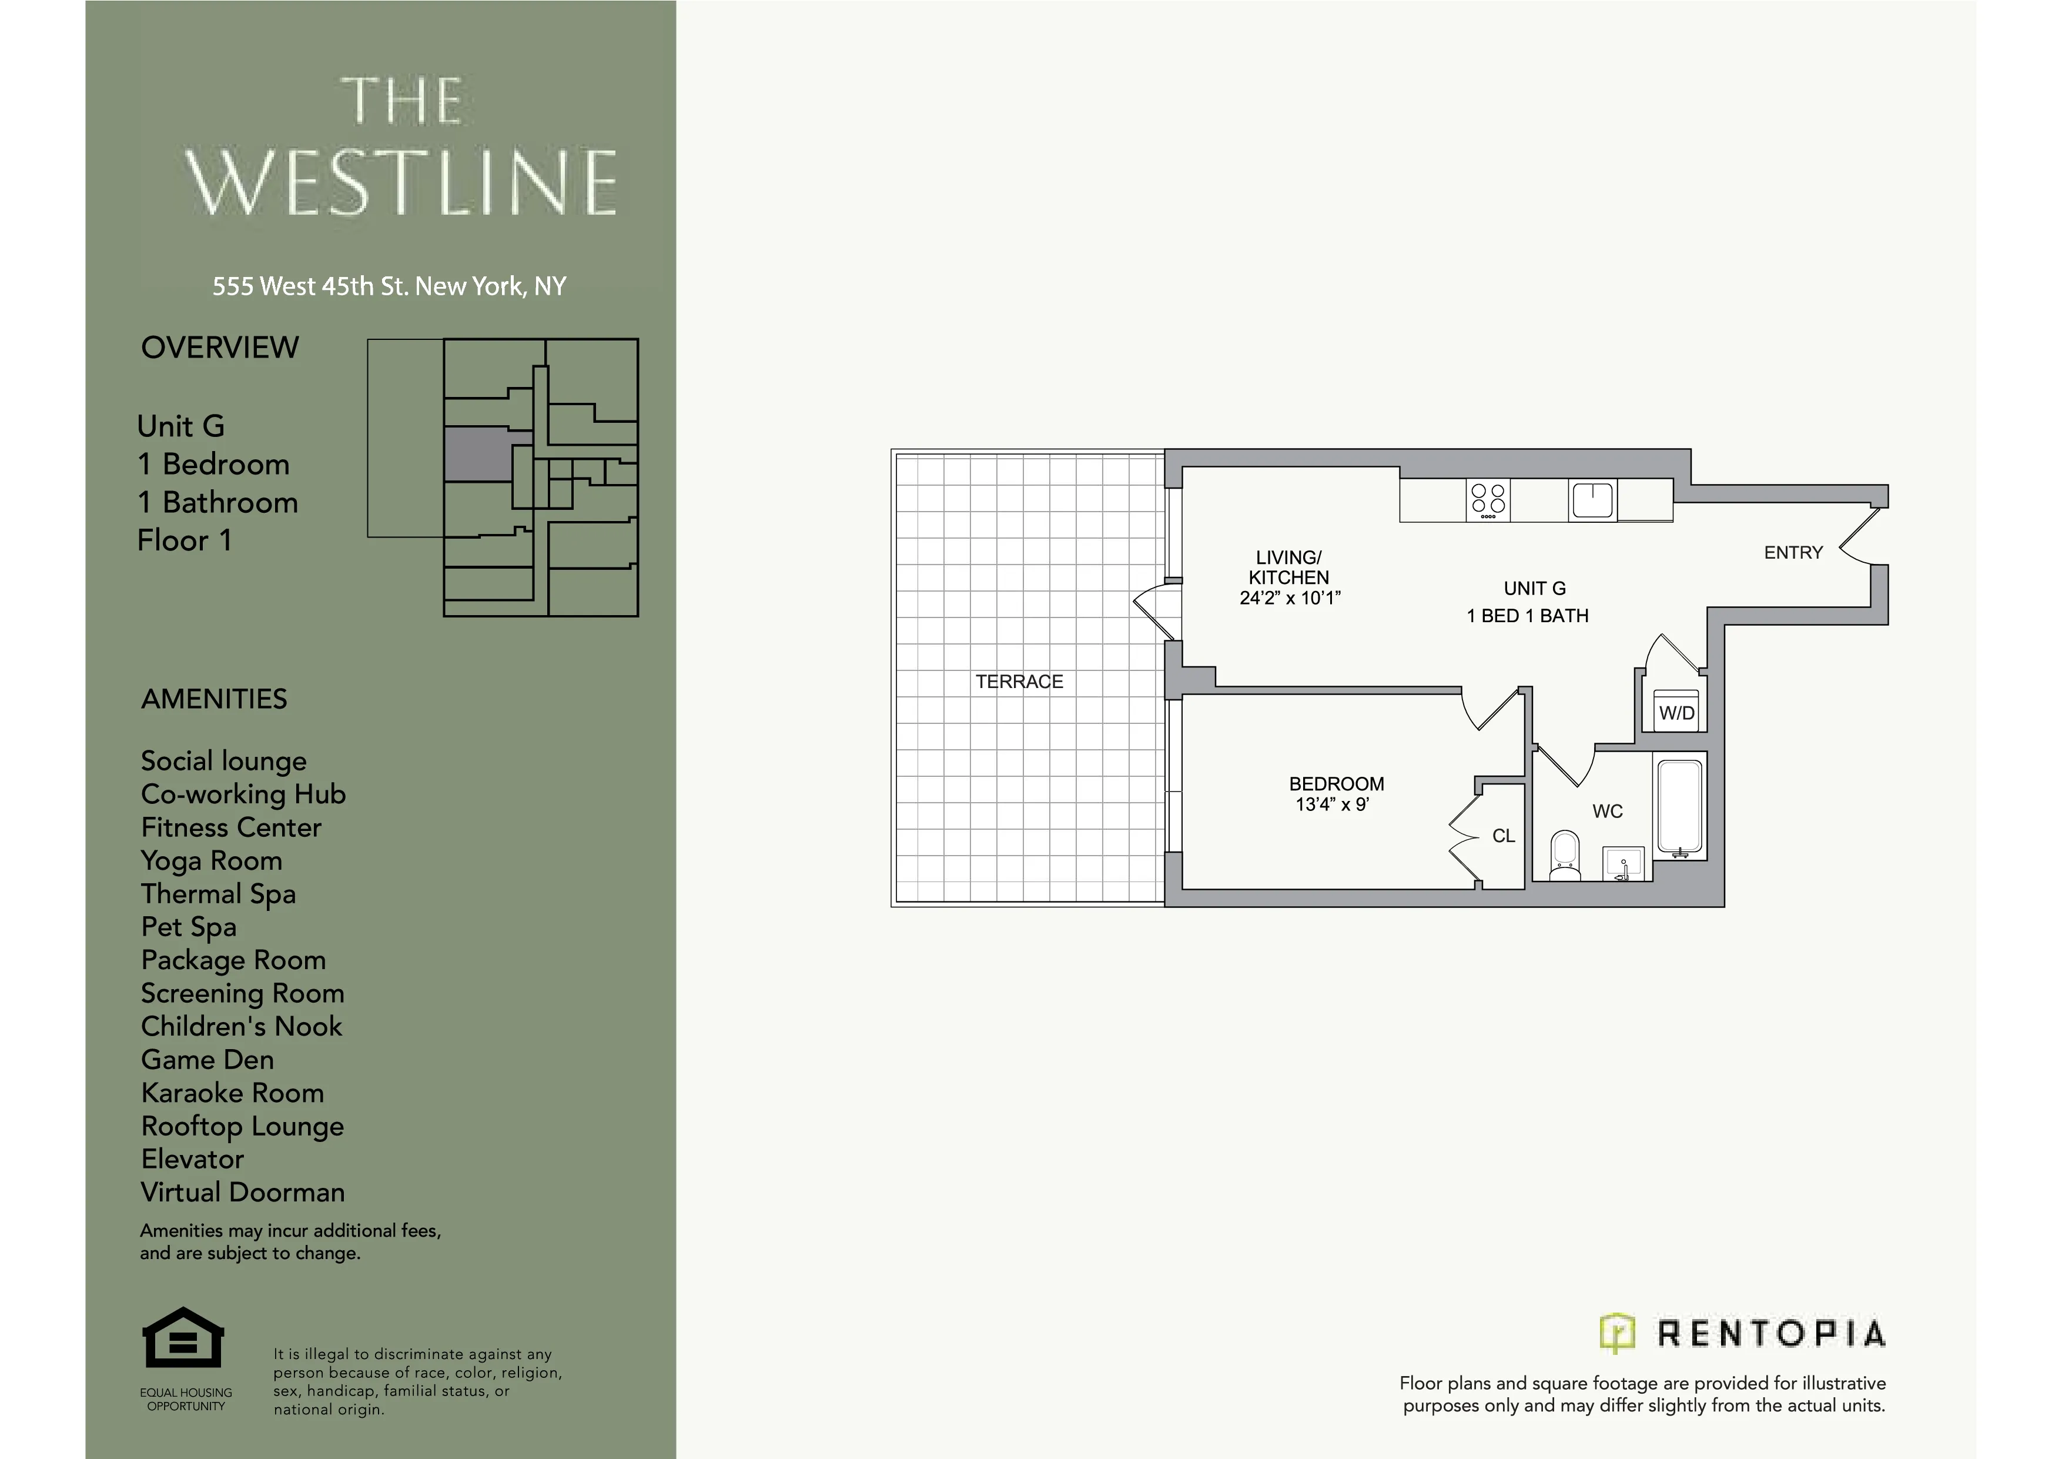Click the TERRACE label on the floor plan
coord(1019,682)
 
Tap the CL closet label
coord(1504,836)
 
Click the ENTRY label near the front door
coord(1793,553)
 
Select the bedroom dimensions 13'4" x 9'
coord(1332,805)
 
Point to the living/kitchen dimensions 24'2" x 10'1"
coord(1290,598)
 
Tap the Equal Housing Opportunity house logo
coord(183,1338)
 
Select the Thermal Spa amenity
coord(218,894)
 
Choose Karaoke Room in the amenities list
coord(233,1093)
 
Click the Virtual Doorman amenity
coord(243,1193)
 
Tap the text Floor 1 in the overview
coord(185,541)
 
